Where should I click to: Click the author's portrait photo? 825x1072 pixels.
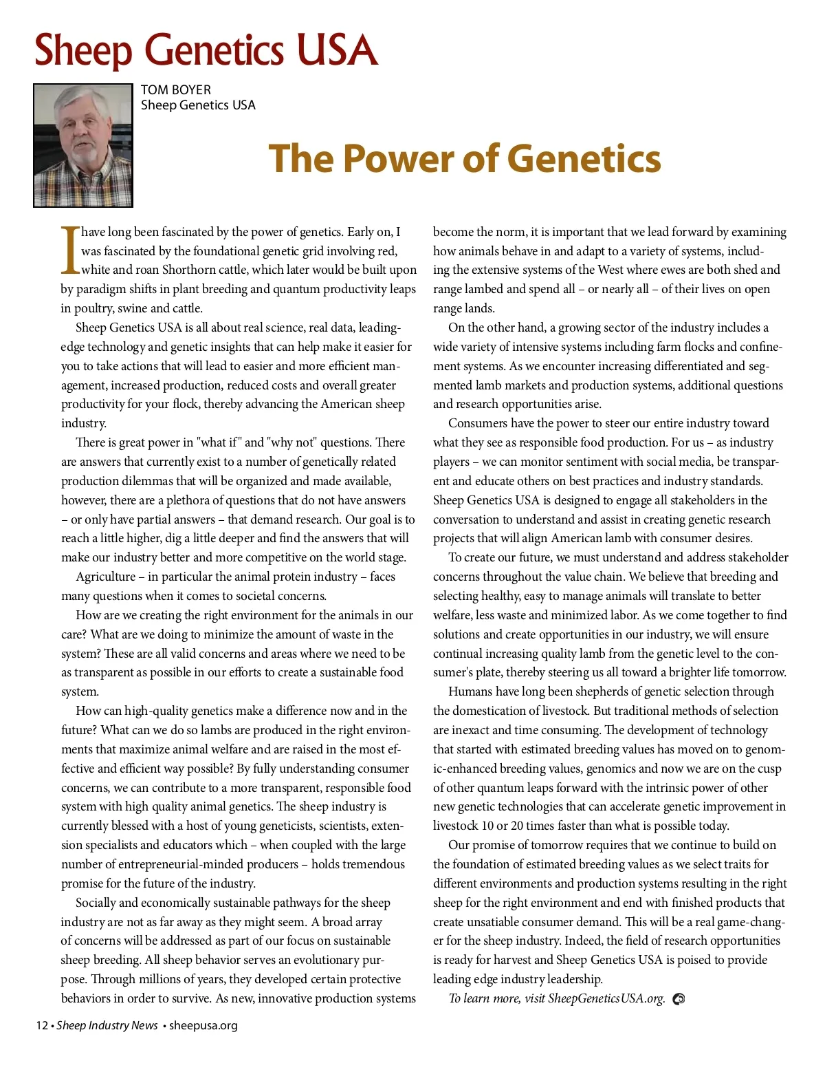(83, 145)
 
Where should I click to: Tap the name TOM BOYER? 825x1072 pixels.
(176, 90)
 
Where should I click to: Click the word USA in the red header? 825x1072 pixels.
(337, 51)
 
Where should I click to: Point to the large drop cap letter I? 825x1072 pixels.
(70, 250)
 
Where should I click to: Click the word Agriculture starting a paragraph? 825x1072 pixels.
(106, 577)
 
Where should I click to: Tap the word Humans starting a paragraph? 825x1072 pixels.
(470, 692)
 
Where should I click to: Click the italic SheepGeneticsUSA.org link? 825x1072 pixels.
(606, 998)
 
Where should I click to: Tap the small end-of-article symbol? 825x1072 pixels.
(679, 999)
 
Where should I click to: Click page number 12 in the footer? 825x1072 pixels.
(42, 1025)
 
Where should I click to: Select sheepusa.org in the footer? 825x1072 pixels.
(203, 1025)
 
